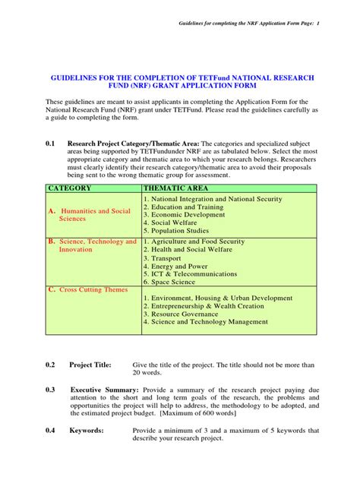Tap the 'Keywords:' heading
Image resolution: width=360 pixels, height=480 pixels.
pyautogui.click(x=87, y=431)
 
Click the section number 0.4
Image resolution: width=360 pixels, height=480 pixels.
pyautogui.click(x=51, y=431)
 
